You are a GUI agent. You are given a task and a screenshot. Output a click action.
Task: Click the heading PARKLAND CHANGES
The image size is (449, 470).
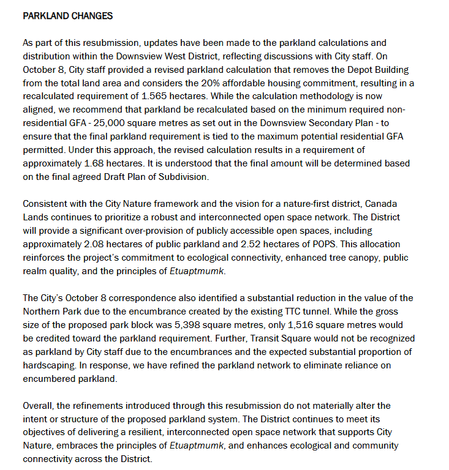tap(67, 16)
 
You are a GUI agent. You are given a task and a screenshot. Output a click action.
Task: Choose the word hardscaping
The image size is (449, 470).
tap(49, 365)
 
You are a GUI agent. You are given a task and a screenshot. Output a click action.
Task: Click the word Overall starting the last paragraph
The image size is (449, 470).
tap(38, 406)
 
